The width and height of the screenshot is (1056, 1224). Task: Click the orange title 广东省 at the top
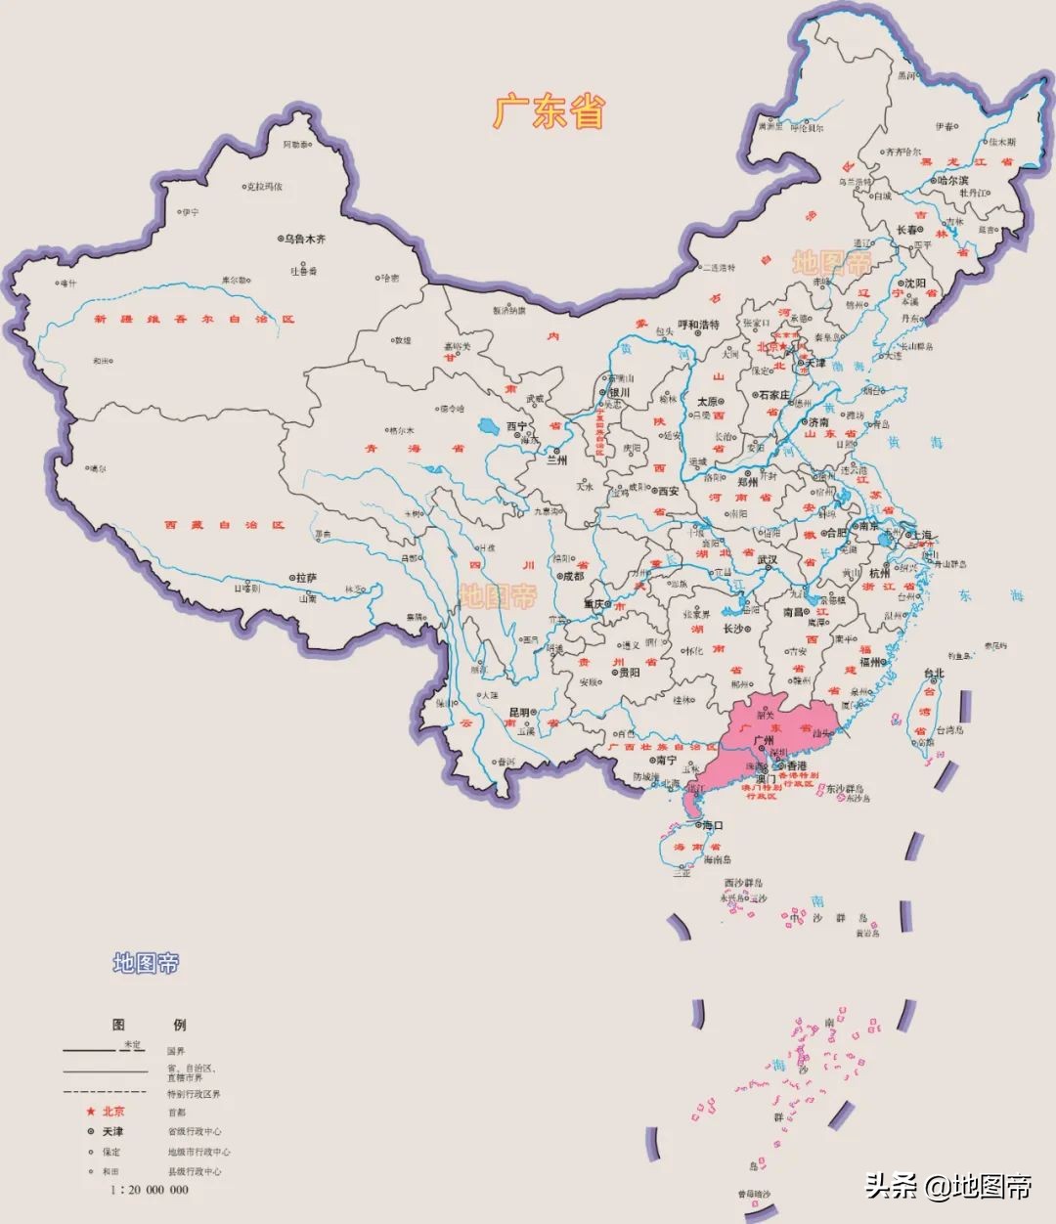click(549, 111)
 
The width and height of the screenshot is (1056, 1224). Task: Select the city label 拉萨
click(307, 578)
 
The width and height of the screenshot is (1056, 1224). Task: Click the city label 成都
click(571, 577)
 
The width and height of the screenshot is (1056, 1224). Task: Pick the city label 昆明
click(519, 712)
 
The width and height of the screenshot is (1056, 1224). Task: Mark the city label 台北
click(934, 673)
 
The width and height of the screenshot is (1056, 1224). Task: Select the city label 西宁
click(516, 427)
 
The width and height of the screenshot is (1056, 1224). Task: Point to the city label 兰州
click(556, 459)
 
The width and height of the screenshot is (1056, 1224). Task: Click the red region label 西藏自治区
click(225, 525)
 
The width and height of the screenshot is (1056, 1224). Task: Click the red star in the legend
click(90, 1112)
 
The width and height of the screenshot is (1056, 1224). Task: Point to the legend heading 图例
click(149, 1025)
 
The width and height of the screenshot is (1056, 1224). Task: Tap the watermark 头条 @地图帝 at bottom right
click(947, 1187)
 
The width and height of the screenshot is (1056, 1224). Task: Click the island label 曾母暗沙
click(755, 1195)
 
